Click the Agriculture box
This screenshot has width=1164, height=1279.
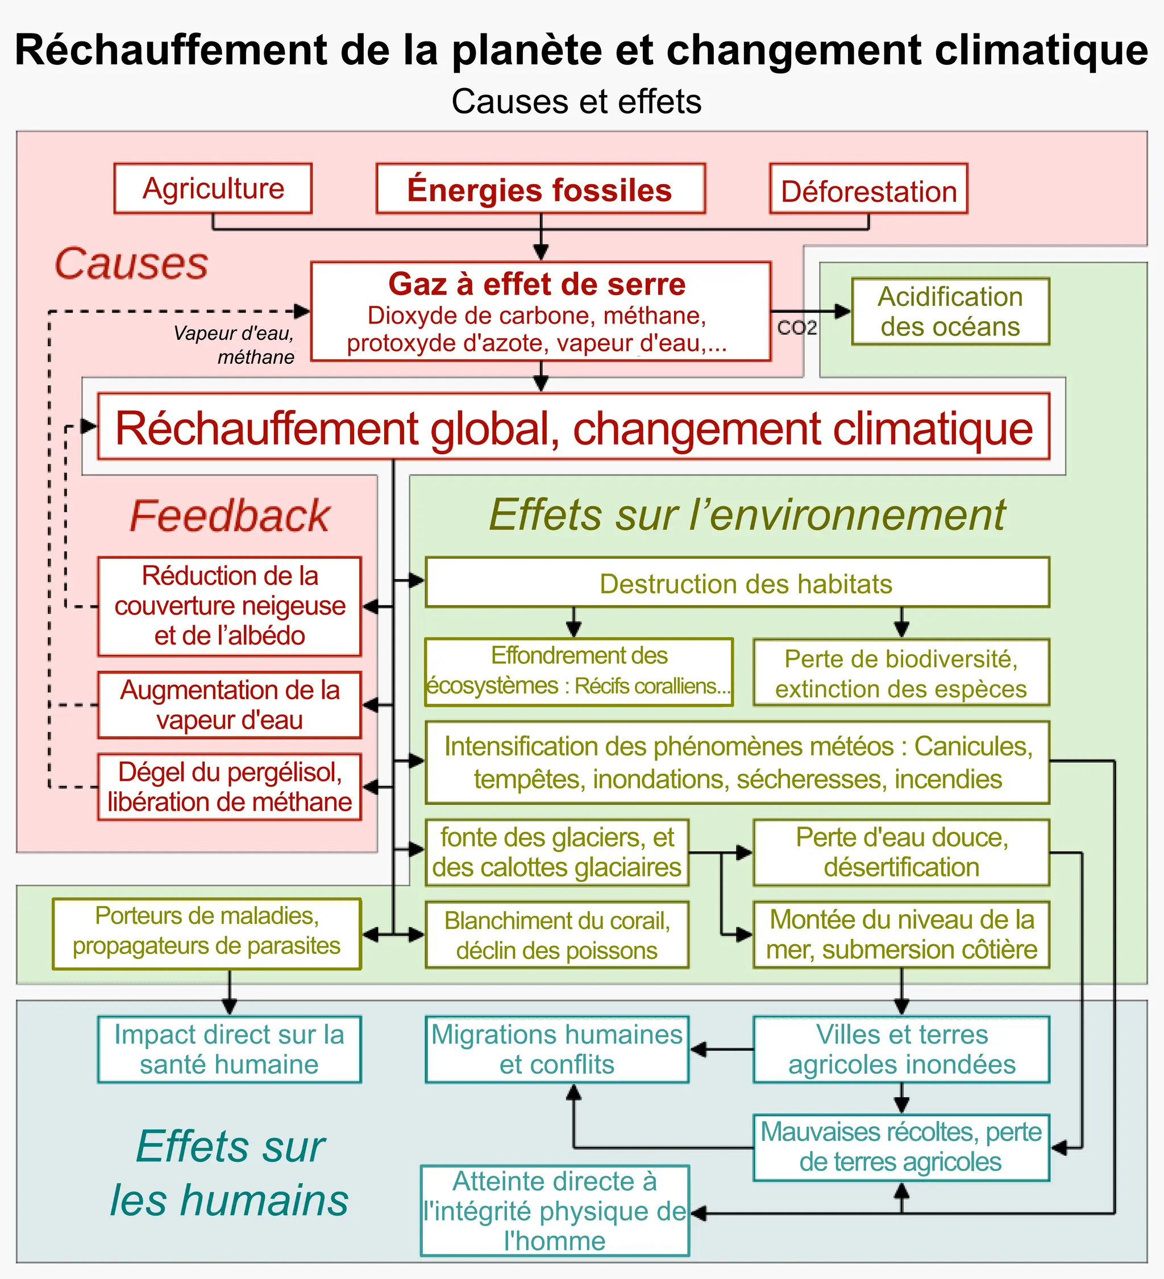[213, 188]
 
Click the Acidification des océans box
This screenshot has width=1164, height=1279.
[950, 312]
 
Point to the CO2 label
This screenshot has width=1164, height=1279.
[797, 328]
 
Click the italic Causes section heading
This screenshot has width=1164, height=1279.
[131, 263]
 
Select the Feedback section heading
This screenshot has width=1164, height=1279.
[230, 515]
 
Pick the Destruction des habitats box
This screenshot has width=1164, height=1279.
[737, 583]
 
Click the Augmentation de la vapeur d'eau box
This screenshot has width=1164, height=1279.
[230, 705]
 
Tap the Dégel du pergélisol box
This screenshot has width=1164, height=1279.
[230, 787]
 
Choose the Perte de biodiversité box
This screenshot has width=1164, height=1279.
[901, 672]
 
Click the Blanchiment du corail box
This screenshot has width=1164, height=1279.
[557, 935]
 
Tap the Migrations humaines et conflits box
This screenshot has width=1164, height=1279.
[557, 1049]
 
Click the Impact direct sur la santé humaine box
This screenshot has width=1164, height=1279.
[230, 1049]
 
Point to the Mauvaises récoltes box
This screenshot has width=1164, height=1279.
[901, 1147]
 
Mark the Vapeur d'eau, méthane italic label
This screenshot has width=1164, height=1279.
[235, 344]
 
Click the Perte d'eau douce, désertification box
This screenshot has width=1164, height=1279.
[901, 852]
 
